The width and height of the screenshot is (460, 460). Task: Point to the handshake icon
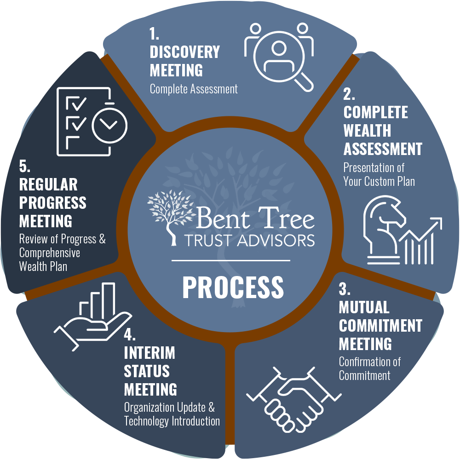coord(294,395)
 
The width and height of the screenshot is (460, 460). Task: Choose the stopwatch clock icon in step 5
coord(109,123)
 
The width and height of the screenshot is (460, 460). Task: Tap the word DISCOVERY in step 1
coord(185,52)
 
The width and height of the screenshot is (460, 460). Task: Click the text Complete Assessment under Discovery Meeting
coord(194,89)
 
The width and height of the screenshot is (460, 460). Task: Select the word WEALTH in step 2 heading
coord(367,131)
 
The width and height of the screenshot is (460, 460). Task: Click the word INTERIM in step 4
coord(149,353)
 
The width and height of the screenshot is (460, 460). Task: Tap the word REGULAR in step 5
coord(48,184)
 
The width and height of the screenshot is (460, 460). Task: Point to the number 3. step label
coord(345,290)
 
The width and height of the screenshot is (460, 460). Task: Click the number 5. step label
coord(24,166)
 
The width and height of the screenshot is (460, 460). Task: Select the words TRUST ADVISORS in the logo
coord(249,240)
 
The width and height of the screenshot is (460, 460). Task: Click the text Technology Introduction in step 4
coord(172,421)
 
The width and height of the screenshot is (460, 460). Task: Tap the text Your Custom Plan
coord(379,181)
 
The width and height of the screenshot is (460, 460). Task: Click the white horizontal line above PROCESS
coord(231,260)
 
